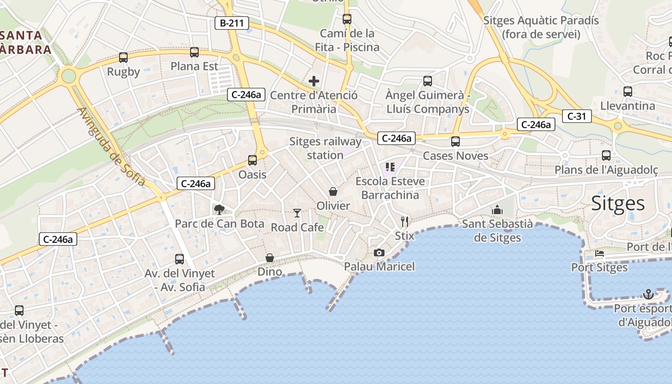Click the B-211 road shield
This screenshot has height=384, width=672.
[x=232, y=23]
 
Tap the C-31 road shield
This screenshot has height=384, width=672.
[x=576, y=116]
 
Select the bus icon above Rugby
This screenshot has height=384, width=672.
[x=123, y=58]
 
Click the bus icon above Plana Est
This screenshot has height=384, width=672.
[x=194, y=52]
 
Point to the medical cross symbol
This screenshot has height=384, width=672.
[x=314, y=81]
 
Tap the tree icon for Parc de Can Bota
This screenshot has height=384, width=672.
[x=219, y=209]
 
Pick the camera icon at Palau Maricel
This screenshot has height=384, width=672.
[x=379, y=252]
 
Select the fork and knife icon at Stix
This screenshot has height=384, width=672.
[x=405, y=222]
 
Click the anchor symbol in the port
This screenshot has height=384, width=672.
[x=648, y=294]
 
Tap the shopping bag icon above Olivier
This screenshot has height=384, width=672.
[x=333, y=192]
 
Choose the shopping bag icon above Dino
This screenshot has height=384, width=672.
[x=270, y=258]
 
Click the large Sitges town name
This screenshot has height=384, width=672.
[x=618, y=204]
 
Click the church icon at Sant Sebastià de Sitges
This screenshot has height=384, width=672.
[x=497, y=210]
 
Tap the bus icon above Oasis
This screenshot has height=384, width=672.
[x=252, y=160]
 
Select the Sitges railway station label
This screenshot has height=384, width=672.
[x=325, y=148]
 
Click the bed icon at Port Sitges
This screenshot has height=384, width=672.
[x=600, y=253]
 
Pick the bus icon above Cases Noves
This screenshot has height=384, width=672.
[x=455, y=142]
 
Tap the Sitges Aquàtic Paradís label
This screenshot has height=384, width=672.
[x=541, y=27]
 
